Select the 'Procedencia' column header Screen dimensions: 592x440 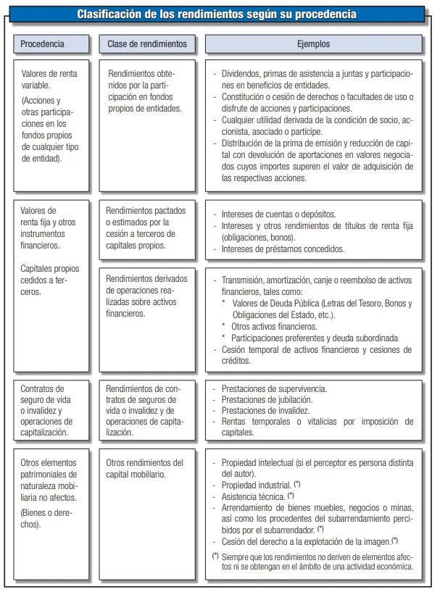[42, 43]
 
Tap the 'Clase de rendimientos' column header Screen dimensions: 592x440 [146, 43]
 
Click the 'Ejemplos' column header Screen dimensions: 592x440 [313, 43]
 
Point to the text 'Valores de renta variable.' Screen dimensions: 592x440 [49, 80]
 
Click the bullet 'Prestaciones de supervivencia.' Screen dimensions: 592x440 [274, 389]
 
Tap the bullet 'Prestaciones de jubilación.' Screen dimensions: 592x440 [267, 400]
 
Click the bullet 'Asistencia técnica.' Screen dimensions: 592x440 [253, 496]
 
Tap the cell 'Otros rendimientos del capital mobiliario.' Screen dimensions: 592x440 [145, 468]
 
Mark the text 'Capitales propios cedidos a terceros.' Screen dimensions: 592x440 [50, 280]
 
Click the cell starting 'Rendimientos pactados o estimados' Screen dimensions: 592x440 [146, 228]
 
